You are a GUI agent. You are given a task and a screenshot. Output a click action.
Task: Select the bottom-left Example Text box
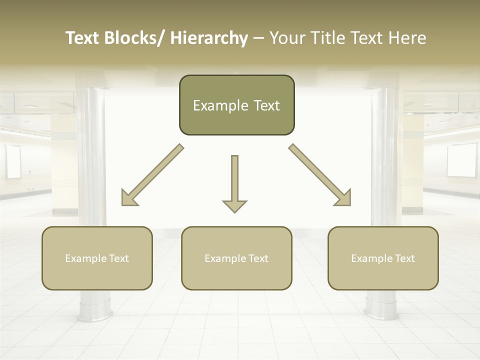[x=96, y=258]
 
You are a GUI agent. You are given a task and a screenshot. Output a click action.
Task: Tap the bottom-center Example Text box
[x=236, y=258]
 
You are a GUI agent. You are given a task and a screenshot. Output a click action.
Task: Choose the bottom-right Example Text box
[x=383, y=258]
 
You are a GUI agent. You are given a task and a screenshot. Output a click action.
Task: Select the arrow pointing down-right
[x=320, y=175]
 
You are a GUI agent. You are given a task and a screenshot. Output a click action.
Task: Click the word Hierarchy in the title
[x=209, y=38]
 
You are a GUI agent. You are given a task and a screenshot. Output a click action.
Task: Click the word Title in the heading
[x=328, y=38]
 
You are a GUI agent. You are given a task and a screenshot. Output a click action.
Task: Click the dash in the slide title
[x=258, y=38]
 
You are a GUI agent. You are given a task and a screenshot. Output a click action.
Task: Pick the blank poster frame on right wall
[x=461, y=160]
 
